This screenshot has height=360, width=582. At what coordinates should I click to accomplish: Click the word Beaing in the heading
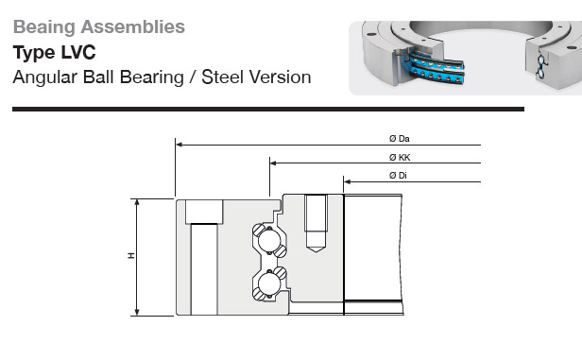pos(44,27)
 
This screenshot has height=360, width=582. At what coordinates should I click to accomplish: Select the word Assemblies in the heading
pos(133,26)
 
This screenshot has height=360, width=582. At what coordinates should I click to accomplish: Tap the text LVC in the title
pos(77,52)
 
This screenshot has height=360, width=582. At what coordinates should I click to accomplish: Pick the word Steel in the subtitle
pos(223,77)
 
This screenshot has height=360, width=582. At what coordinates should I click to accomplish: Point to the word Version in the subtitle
pos(281,77)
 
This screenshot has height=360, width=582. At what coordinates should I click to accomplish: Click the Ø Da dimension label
pos(400,139)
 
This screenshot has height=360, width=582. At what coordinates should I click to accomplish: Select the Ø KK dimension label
pos(400,158)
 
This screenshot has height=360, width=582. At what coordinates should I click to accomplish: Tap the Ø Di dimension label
pos(398,176)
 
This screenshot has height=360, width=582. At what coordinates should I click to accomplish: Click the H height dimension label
pos(131,256)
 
